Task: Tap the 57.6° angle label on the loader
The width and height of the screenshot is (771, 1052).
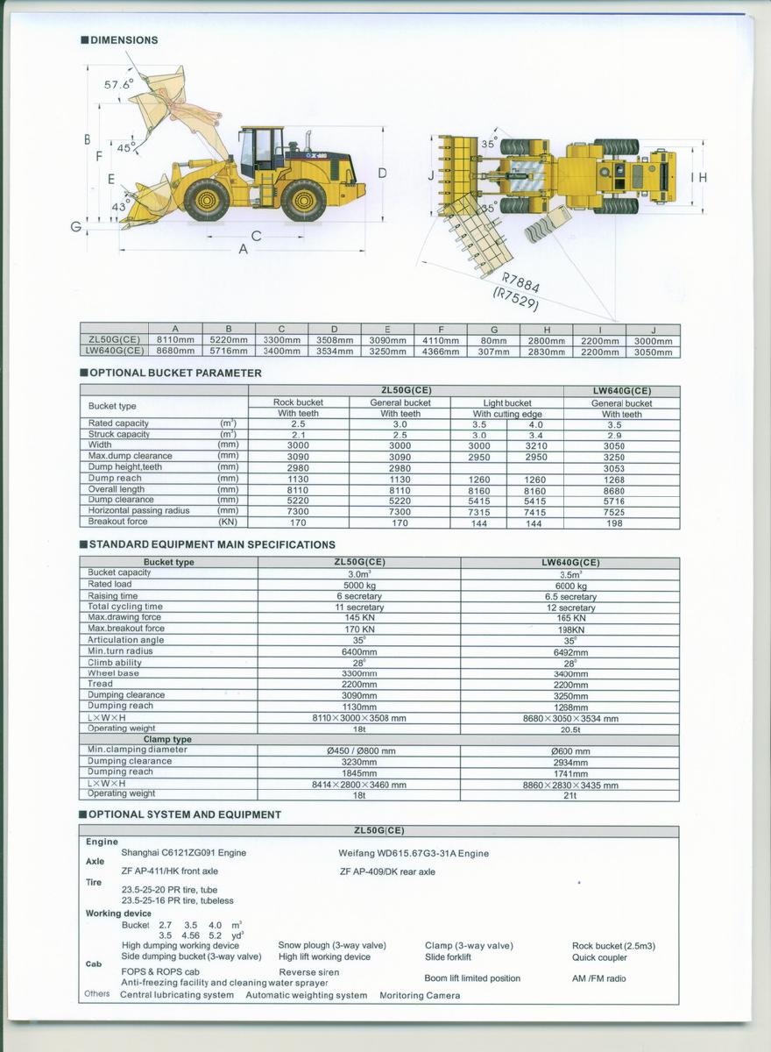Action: click(118, 85)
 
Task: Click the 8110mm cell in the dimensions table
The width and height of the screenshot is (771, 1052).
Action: click(175, 340)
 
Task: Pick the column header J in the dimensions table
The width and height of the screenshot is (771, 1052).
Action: click(653, 330)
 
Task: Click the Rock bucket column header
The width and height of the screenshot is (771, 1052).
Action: click(298, 402)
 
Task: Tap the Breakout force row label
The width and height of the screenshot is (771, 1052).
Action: click(118, 522)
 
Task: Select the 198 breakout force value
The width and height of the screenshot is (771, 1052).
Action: click(613, 523)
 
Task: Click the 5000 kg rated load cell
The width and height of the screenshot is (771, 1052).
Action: click(359, 585)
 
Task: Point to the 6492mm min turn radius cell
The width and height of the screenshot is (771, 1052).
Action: click(569, 652)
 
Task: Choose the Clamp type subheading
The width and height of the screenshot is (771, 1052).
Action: click(167, 739)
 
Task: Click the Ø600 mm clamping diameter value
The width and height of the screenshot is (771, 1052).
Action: click(569, 751)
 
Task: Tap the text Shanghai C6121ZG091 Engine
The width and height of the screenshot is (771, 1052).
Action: click(184, 852)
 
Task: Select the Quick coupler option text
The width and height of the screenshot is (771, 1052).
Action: click(599, 957)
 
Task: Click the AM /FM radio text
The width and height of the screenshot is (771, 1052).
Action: click(599, 978)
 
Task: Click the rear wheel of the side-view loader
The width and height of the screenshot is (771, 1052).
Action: click(303, 200)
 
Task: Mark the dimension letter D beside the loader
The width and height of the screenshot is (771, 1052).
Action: click(382, 174)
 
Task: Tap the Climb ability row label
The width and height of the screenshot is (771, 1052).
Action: click(115, 663)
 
